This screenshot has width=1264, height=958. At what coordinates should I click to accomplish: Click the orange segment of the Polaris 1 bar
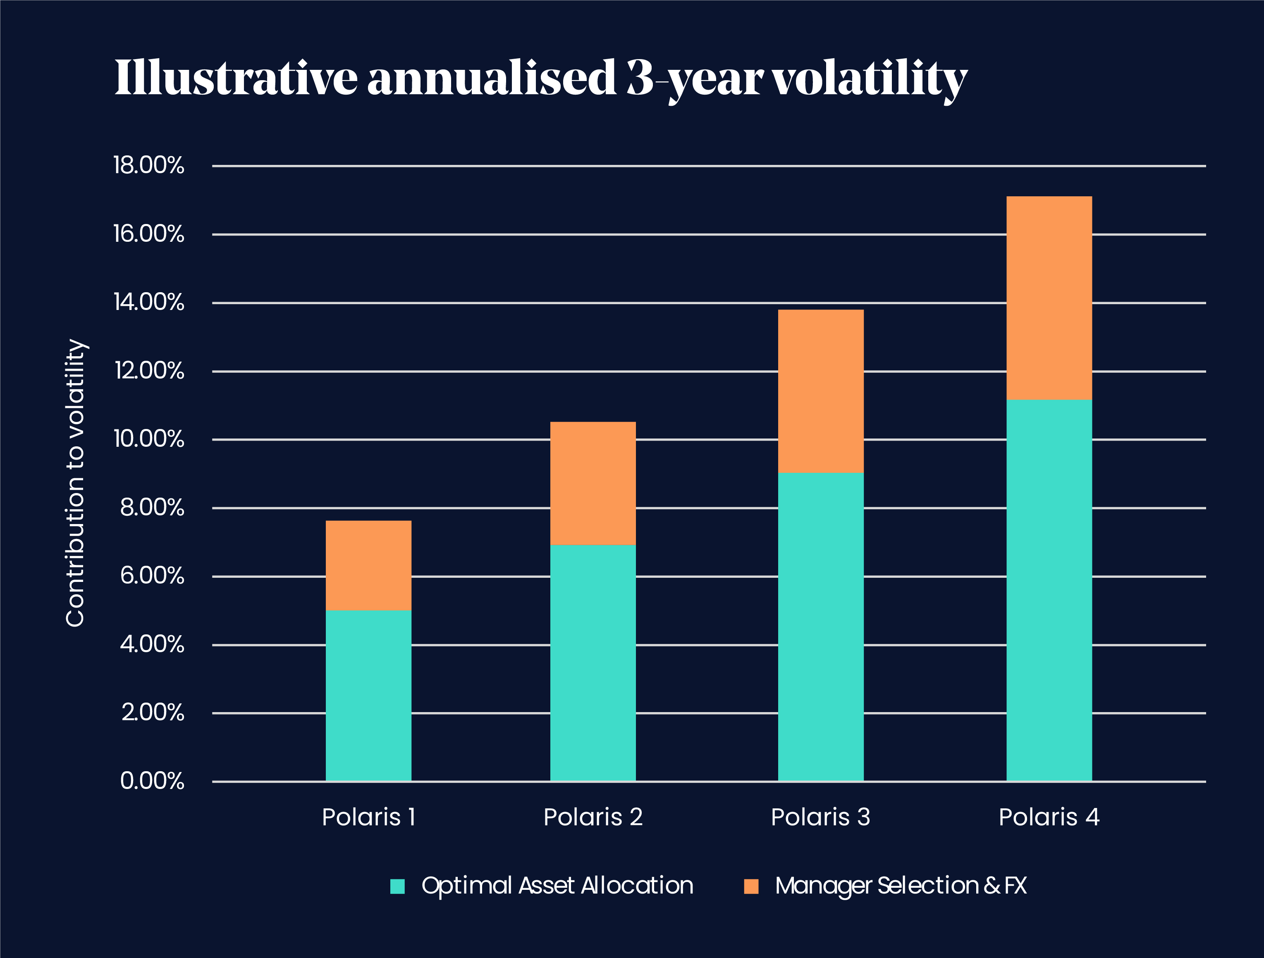pos(368,565)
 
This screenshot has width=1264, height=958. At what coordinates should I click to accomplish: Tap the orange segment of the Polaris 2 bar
pos(593,483)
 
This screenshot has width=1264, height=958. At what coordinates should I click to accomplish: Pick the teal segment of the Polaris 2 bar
pos(593,662)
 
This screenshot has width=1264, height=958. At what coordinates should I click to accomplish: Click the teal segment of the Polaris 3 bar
pos(821,627)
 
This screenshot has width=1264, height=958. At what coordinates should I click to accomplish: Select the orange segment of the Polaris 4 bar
pos(1049,298)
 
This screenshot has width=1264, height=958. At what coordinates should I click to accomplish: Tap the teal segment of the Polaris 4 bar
pos(1049,590)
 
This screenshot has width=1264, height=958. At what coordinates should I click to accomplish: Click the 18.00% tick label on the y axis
pos(148,166)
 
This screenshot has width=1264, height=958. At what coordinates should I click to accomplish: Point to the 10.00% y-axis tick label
pos(148,439)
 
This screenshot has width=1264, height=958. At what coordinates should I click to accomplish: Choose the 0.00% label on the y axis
pos(152,781)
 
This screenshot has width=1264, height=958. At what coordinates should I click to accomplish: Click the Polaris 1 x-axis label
pos(368,817)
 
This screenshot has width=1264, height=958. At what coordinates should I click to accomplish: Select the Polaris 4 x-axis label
pos(1049,817)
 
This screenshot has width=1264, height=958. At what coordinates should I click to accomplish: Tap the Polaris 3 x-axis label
pos(821,817)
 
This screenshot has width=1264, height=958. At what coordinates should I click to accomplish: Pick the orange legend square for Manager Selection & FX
pos(751,886)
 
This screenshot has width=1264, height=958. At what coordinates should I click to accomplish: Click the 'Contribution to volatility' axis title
pos(75,483)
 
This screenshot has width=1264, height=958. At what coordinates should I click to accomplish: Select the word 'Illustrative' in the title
pos(235,78)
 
